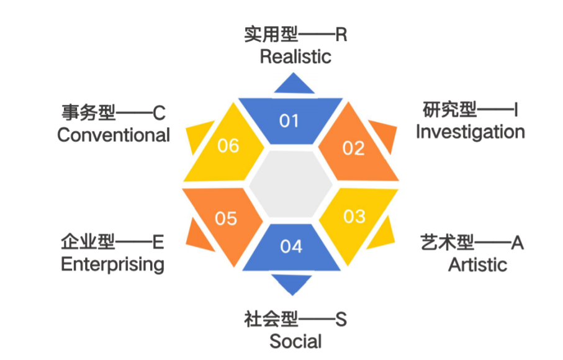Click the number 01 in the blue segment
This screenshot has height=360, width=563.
point(289,120)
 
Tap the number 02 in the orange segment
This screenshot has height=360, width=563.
point(353,148)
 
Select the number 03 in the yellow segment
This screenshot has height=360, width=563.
point(354,217)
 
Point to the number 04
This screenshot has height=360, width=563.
point(291,246)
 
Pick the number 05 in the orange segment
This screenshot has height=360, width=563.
point(226,218)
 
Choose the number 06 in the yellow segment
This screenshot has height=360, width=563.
point(228,146)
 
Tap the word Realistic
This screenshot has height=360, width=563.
point(295,57)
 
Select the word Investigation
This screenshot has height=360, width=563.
point(470,132)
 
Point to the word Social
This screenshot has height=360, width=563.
point(295,341)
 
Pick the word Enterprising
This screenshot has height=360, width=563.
point(112,264)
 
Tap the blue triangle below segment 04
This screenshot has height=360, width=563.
point(292,284)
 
